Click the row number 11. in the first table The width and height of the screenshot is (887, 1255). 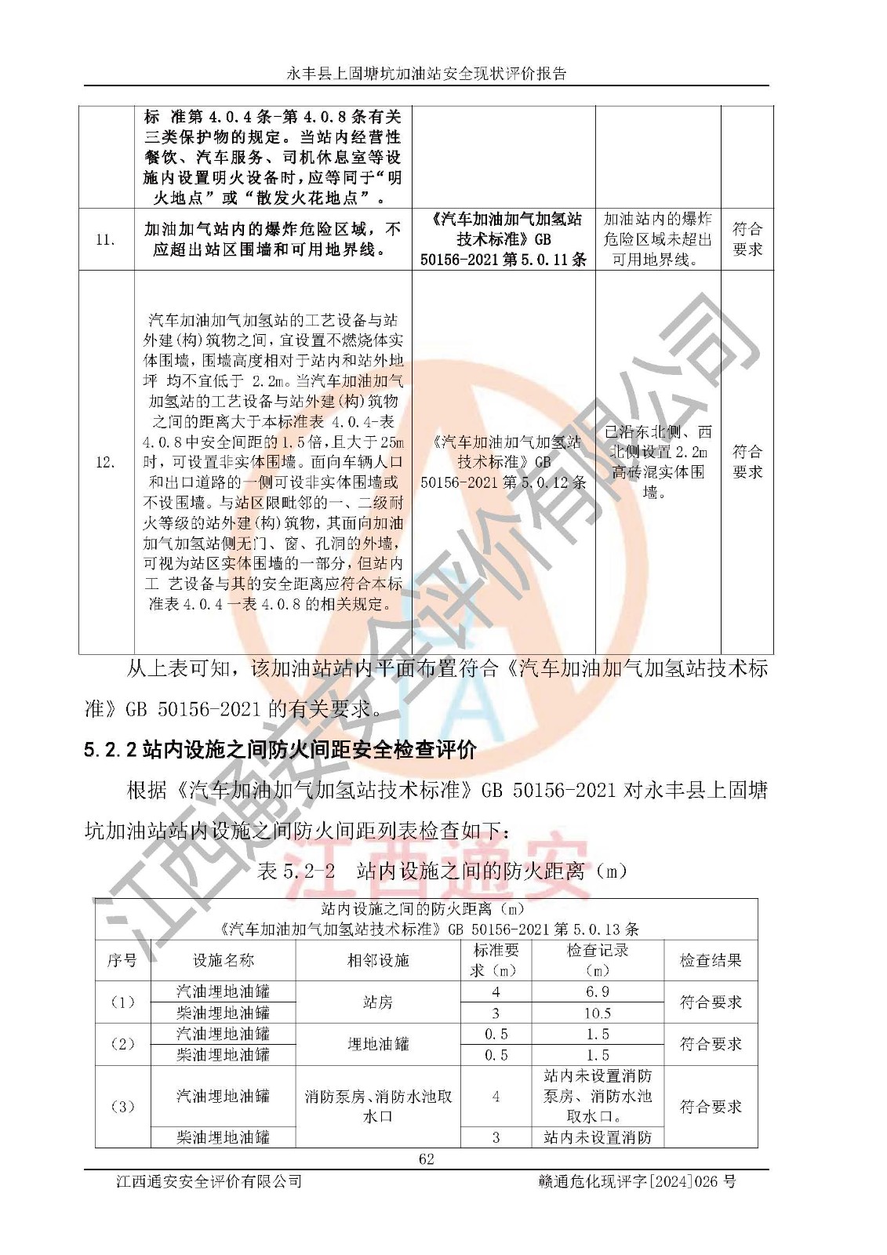click(105, 239)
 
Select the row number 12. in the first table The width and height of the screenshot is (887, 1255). click(105, 462)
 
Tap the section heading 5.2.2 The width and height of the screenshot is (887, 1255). click(280, 751)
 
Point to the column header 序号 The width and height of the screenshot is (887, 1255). click(122, 960)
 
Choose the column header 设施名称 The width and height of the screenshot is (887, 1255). click(224, 960)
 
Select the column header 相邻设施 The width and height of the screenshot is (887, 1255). click(378, 960)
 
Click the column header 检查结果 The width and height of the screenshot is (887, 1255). click(710, 960)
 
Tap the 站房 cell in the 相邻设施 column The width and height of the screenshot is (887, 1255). click(378, 1002)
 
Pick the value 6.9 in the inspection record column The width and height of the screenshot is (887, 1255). click(597, 991)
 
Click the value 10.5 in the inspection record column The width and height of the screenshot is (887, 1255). click(597, 1013)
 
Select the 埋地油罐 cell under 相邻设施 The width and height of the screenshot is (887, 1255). click(378, 1044)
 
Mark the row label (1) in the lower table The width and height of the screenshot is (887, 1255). click(122, 1002)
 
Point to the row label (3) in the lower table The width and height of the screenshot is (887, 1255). click(122, 1107)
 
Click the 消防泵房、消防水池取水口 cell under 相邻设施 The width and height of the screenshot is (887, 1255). click(378, 1106)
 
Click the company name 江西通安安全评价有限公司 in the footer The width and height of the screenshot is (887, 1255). click(209, 1181)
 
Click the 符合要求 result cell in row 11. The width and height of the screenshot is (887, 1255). click(747, 239)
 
